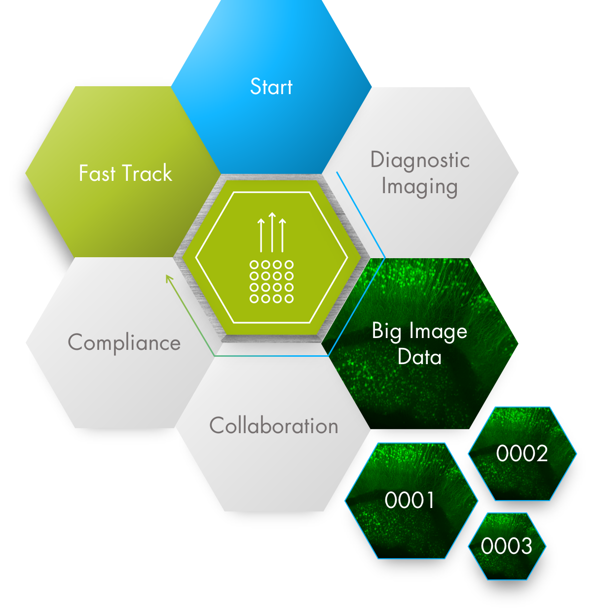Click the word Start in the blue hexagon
[271, 87]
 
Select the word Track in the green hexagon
[147, 173]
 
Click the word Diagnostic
[420, 160]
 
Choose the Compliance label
[124, 343]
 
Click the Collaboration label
[274, 426]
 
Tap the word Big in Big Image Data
[386, 332]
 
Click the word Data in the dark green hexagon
[419, 357]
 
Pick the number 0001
[409, 500]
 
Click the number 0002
[521, 453]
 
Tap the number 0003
[507, 546]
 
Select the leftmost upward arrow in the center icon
[261, 236]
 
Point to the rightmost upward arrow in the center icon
[283, 236]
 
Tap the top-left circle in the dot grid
[254, 265]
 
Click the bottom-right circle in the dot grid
[289, 298]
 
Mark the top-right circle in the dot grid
[289, 265]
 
